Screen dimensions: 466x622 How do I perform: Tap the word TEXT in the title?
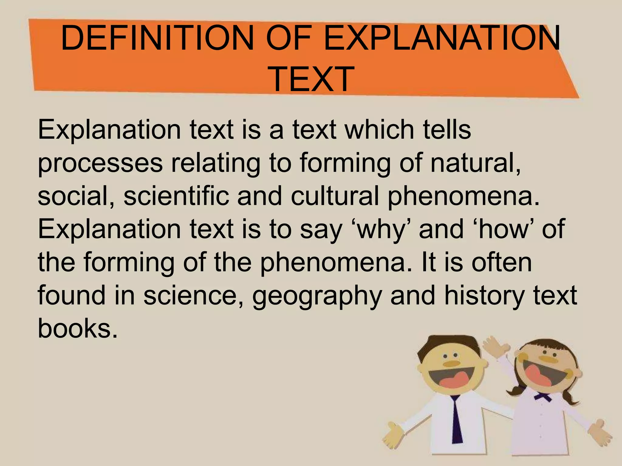point(312,79)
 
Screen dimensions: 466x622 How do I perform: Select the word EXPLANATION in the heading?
point(442,39)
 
